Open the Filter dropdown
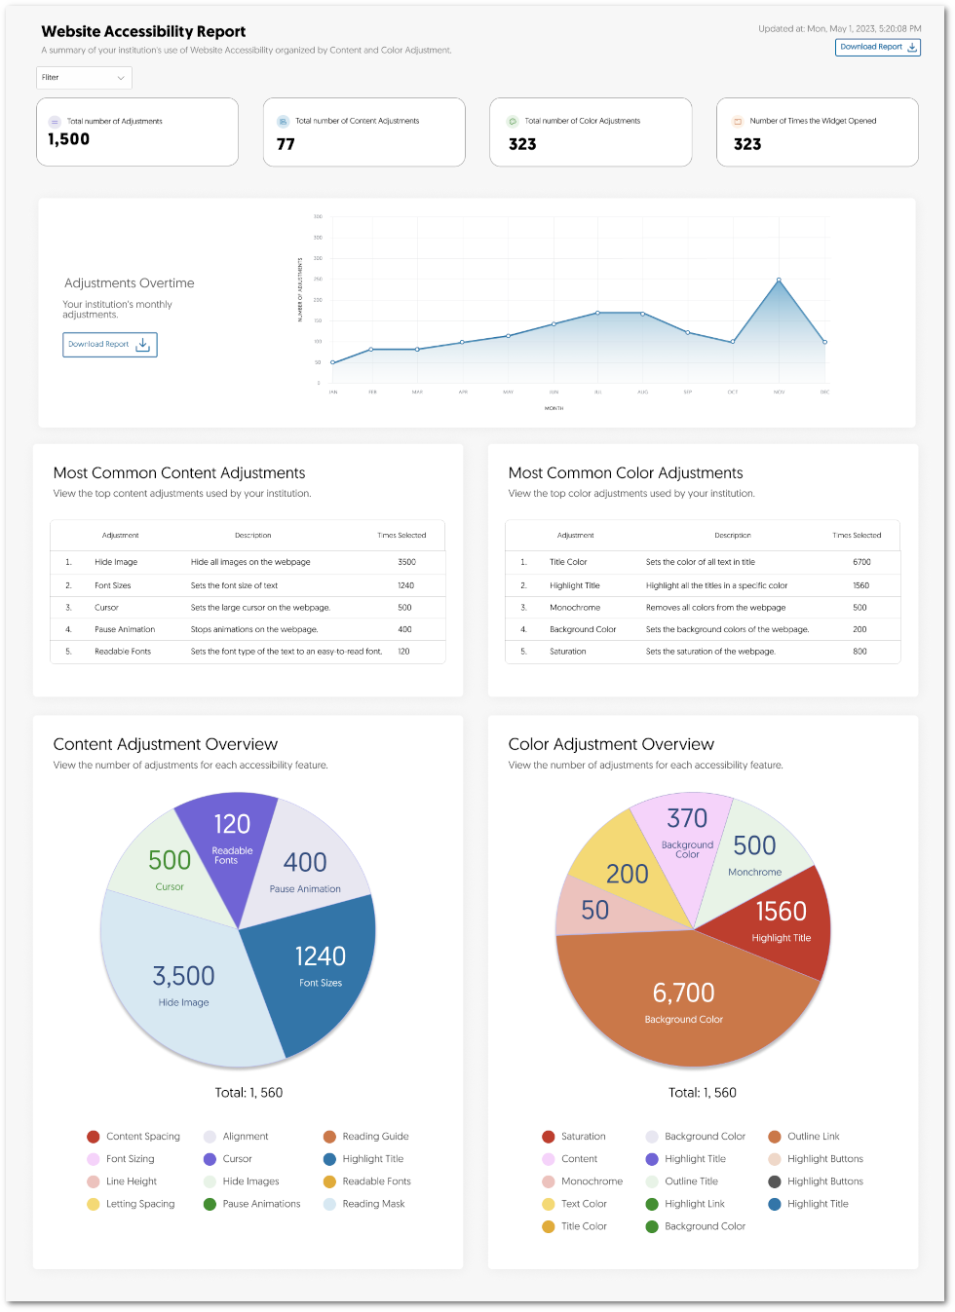(84, 78)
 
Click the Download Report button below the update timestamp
(877, 47)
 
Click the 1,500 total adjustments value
(69, 139)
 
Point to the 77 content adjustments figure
(286, 144)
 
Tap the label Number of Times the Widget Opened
(813, 121)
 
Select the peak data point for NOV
(779, 281)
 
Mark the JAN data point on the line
(332, 362)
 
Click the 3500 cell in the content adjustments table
(406, 562)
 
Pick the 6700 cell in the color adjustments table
(861, 562)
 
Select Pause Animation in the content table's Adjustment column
(125, 629)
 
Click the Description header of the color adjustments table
(732, 535)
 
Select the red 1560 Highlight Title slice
(780, 920)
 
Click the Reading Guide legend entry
(375, 1137)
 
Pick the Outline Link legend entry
(813, 1137)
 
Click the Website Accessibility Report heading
(143, 32)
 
